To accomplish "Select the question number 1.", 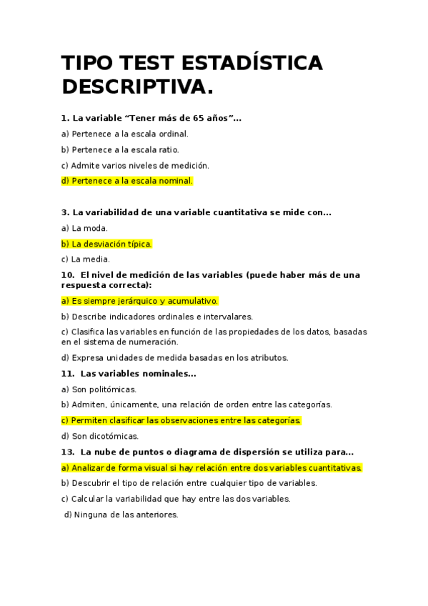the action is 65,118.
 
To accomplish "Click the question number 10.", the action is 67,275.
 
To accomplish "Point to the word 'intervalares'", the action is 230,317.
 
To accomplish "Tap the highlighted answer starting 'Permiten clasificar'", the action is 181,420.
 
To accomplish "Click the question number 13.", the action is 67,452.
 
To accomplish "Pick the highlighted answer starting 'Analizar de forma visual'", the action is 211,467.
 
